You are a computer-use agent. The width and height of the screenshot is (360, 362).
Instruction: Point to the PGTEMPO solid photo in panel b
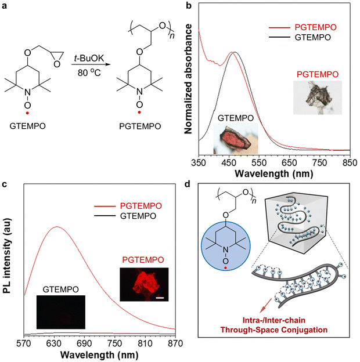(316, 97)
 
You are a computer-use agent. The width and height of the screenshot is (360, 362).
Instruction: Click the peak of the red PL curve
(56, 227)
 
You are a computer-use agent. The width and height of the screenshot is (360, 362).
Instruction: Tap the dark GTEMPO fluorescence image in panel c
(60, 312)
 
